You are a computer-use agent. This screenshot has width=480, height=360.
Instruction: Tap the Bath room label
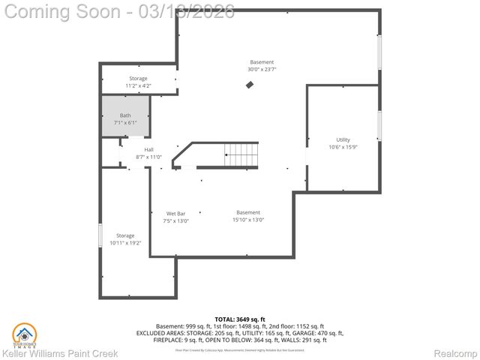pyautogui.click(x=125, y=115)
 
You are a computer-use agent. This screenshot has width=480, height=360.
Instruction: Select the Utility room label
pyautogui.click(x=343, y=139)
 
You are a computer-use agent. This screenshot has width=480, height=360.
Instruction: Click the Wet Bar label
pyautogui.click(x=175, y=213)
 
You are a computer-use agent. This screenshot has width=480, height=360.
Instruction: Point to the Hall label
pyautogui.click(x=149, y=150)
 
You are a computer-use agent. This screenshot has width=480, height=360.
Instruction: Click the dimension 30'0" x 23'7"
pyautogui.click(x=262, y=70)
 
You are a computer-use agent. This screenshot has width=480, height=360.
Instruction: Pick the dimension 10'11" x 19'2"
pyautogui.click(x=125, y=243)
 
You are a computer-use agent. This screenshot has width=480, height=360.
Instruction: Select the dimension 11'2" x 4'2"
pyautogui.click(x=138, y=86)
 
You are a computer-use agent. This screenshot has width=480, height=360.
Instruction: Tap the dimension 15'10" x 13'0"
pyautogui.click(x=248, y=220)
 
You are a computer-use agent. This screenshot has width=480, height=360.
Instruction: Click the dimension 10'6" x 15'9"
pyautogui.click(x=343, y=147)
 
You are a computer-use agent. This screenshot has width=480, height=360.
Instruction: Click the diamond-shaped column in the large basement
pyautogui.click(x=250, y=85)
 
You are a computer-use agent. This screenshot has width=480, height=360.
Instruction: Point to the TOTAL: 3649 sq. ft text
pyautogui.click(x=240, y=319)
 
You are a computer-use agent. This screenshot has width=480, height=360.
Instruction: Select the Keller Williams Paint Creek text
pyautogui.click(x=59, y=353)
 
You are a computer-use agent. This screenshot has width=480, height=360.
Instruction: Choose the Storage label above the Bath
pyautogui.click(x=138, y=79)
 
